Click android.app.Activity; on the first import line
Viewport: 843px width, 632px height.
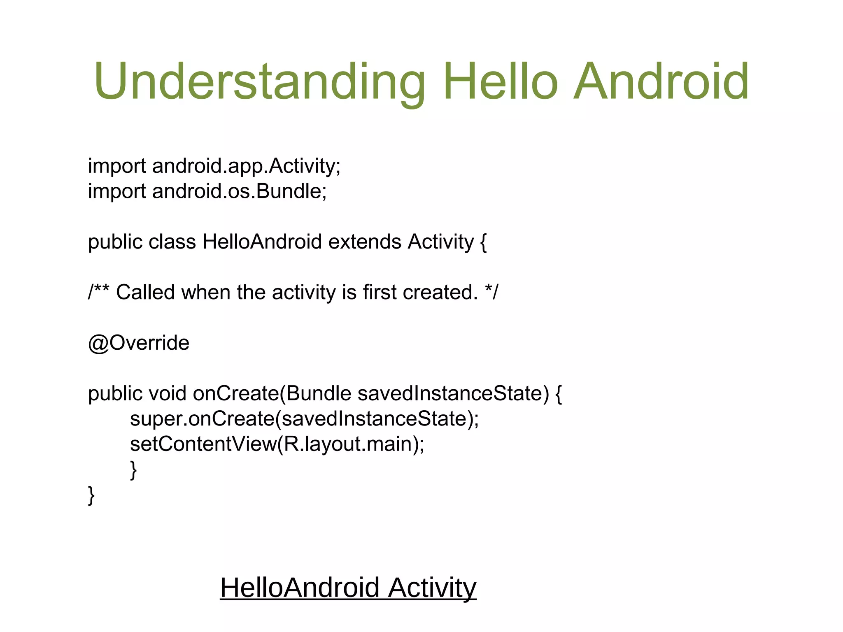[x=246, y=166]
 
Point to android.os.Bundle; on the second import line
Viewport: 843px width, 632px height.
[x=239, y=191]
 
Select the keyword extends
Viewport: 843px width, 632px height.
[x=364, y=242]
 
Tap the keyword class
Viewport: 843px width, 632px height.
[x=172, y=242]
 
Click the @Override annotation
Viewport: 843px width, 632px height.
[x=139, y=343]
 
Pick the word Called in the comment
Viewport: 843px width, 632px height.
[x=145, y=293]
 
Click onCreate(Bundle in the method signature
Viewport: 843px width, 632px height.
[x=272, y=394]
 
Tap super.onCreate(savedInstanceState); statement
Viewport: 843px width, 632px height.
[x=304, y=419]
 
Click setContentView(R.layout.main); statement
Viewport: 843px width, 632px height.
[x=277, y=444]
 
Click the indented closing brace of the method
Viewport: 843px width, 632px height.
[x=133, y=470]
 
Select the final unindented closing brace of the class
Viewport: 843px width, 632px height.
[x=91, y=495]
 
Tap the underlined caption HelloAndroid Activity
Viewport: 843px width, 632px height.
[x=348, y=588]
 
